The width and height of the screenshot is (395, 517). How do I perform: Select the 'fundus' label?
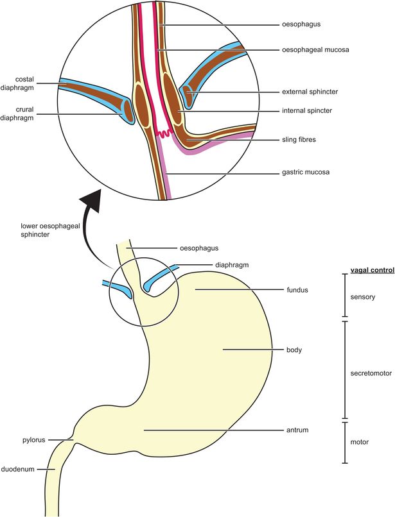(299, 290)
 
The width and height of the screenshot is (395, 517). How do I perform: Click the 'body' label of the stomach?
(294, 350)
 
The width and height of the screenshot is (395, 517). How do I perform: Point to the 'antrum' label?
(297, 429)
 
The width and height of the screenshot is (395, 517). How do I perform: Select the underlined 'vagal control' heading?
(373, 271)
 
